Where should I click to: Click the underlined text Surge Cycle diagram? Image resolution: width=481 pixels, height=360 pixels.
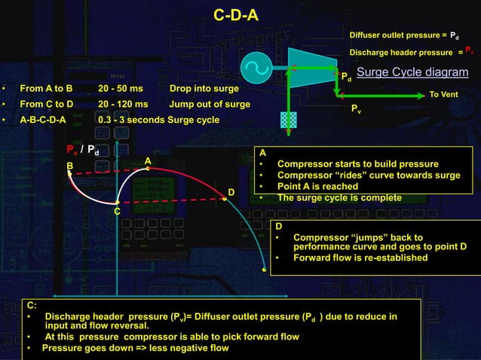click(x=412, y=72)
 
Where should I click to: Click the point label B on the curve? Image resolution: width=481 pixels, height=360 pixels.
click(x=70, y=165)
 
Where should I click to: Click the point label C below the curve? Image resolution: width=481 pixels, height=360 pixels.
click(x=117, y=212)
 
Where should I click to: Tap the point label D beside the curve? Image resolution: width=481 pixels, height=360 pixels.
click(x=231, y=192)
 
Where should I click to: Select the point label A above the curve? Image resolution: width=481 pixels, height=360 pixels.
click(x=149, y=160)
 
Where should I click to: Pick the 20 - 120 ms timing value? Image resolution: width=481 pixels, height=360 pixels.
click(x=123, y=104)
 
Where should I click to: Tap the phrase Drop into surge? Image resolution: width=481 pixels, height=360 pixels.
click(x=204, y=88)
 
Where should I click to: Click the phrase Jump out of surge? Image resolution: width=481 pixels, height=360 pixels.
click(x=210, y=104)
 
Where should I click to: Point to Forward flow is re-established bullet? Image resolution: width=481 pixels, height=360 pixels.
click(x=360, y=258)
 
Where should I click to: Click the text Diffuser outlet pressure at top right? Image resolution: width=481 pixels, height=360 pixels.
click(x=395, y=35)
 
